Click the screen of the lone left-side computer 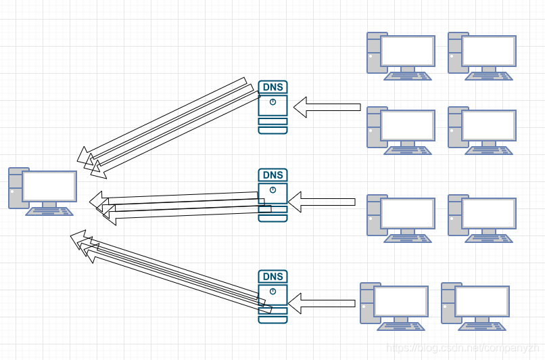(49, 186)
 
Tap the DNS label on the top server (272, 87)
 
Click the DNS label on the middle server (272, 175)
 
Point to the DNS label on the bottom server (272, 276)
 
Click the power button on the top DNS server (272, 102)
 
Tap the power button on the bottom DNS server (272, 291)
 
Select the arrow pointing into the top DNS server (327, 106)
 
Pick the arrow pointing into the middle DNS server (323, 202)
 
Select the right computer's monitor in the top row (489, 51)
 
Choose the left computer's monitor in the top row (408, 51)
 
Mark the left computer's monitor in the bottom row (401, 301)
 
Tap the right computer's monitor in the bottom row (482, 301)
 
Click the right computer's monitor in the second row (489, 125)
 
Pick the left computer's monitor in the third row (408, 213)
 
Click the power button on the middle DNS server (272, 190)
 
